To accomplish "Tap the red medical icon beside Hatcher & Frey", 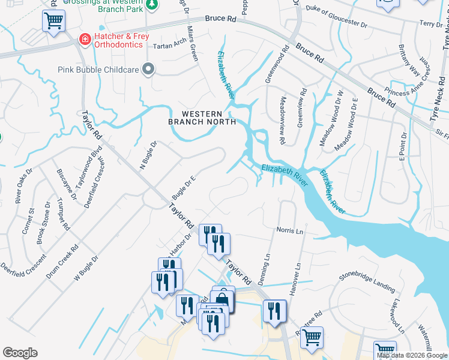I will click(85, 40).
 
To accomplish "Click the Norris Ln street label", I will click(290, 230).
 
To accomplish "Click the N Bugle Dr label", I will click(148, 155).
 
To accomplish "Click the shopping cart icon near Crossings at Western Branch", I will click(53, 22).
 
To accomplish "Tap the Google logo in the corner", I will click(20, 353).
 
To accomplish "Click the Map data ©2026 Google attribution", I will click(412, 355).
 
